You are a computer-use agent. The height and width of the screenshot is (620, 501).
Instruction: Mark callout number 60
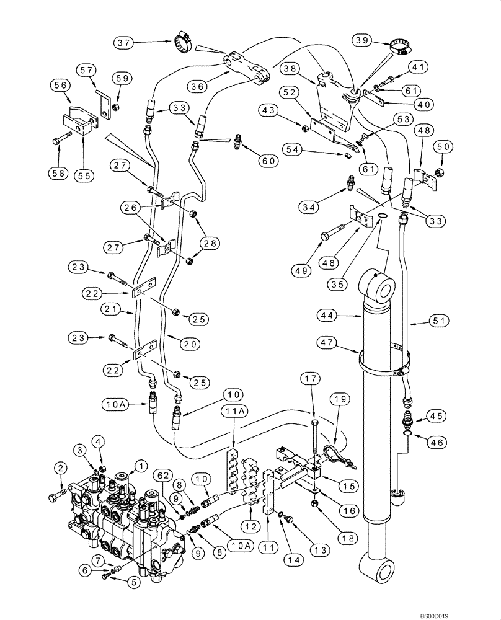pyautogui.click(x=268, y=160)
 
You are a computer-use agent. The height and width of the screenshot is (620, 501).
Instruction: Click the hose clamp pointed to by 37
pyautogui.click(x=182, y=42)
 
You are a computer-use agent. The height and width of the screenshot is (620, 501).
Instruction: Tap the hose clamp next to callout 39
pyautogui.click(x=399, y=45)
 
